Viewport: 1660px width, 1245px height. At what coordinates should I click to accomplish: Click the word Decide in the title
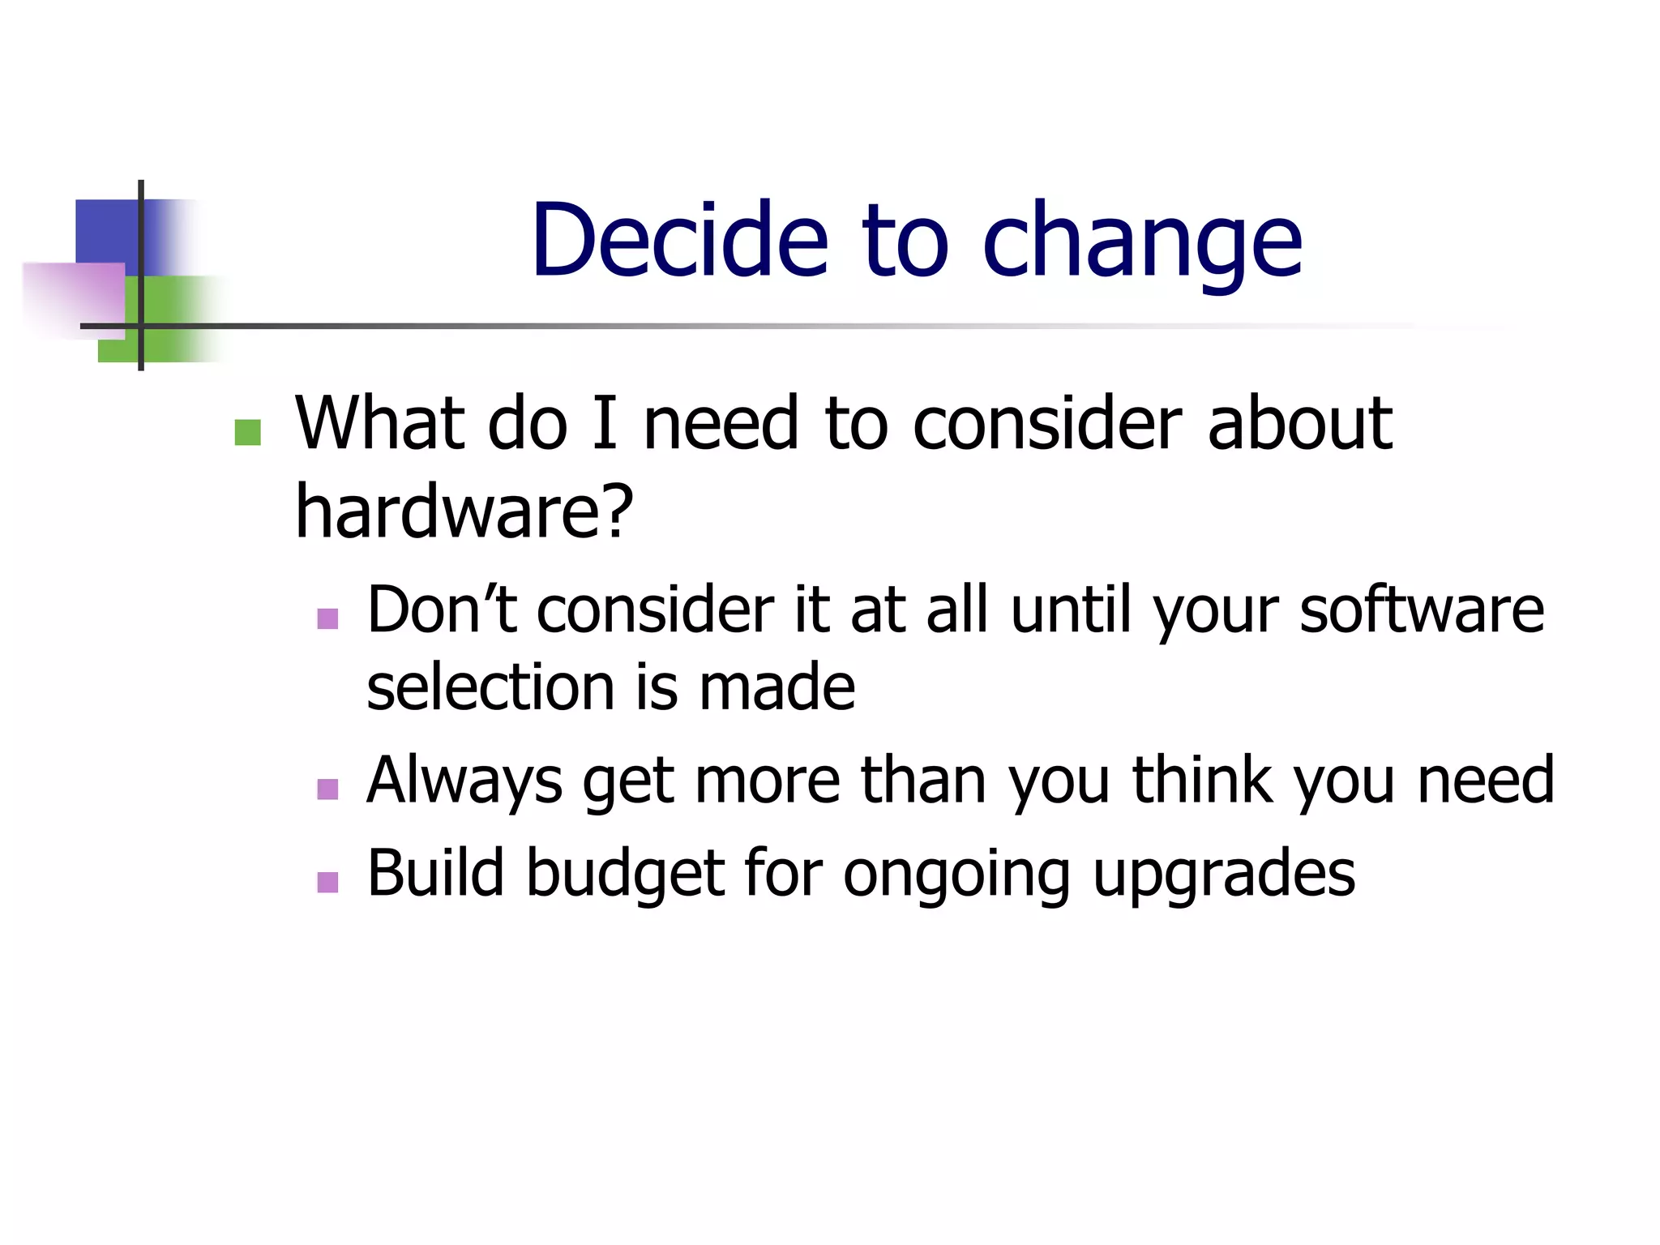pyautogui.click(x=679, y=241)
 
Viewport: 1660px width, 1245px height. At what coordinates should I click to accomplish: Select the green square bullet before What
pyautogui.click(x=247, y=432)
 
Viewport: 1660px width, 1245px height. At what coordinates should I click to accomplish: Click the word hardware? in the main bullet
pyautogui.click(x=464, y=512)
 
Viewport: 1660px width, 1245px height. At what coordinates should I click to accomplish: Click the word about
pyautogui.click(x=1299, y=424)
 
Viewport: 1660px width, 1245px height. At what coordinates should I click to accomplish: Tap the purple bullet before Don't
pyautogui.click(x=327, y=619)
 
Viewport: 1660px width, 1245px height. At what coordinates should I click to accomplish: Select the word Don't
pyautogui.click(x=442, y=610)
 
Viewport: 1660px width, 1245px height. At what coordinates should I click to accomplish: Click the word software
pyautogui.click(x=1422, y=610)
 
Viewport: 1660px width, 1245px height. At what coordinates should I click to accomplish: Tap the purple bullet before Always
pyautogui.click(x=327, y=789)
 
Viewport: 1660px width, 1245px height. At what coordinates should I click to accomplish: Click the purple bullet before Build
pyautogui.click(x=327, y=882)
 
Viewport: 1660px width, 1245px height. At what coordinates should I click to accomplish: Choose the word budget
pyautogui.click(x=625, y=874)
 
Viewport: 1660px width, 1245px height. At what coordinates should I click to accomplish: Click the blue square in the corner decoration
pyautogui.click(x=106, y=230)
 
